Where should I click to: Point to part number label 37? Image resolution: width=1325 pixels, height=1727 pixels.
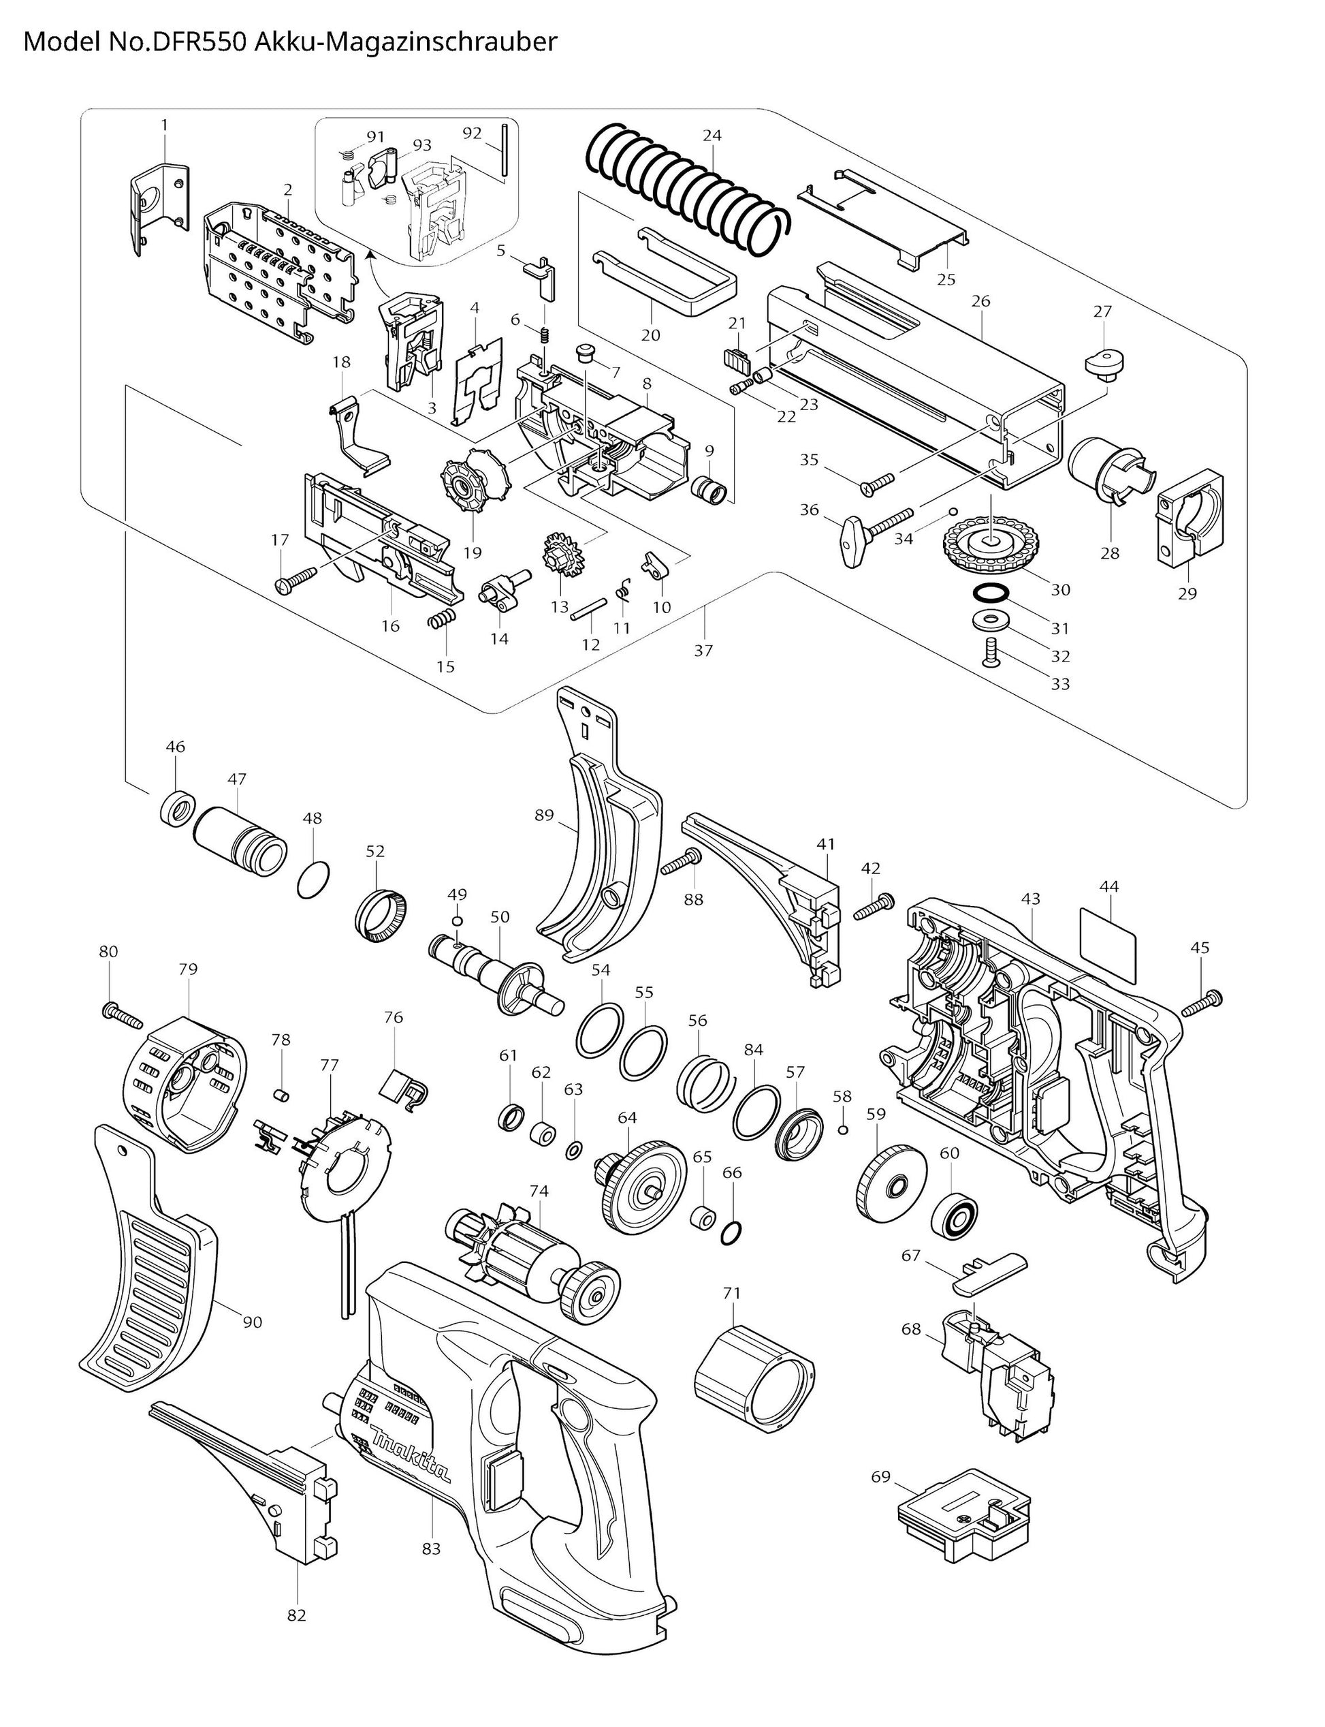[703, 650]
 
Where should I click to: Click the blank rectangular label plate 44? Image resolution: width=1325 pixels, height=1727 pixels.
[1107, 933]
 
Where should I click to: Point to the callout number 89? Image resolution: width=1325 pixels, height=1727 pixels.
[544, 815]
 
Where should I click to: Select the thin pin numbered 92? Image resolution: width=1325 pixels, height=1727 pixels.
[502, 153]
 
